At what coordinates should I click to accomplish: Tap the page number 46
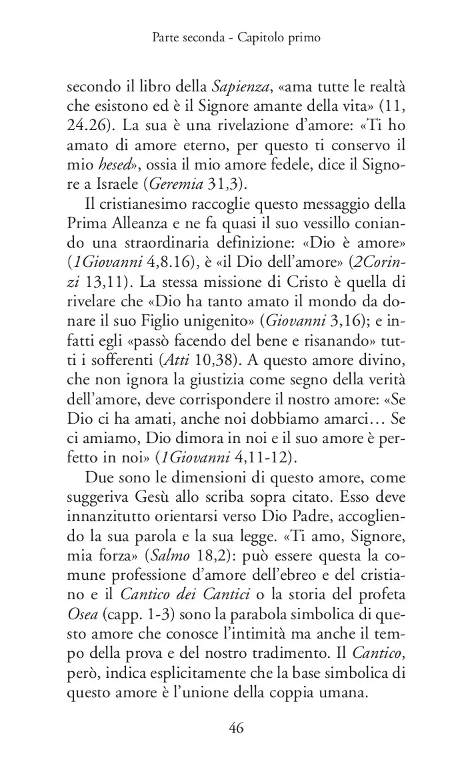pyautogui.click(x=236, y=727)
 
